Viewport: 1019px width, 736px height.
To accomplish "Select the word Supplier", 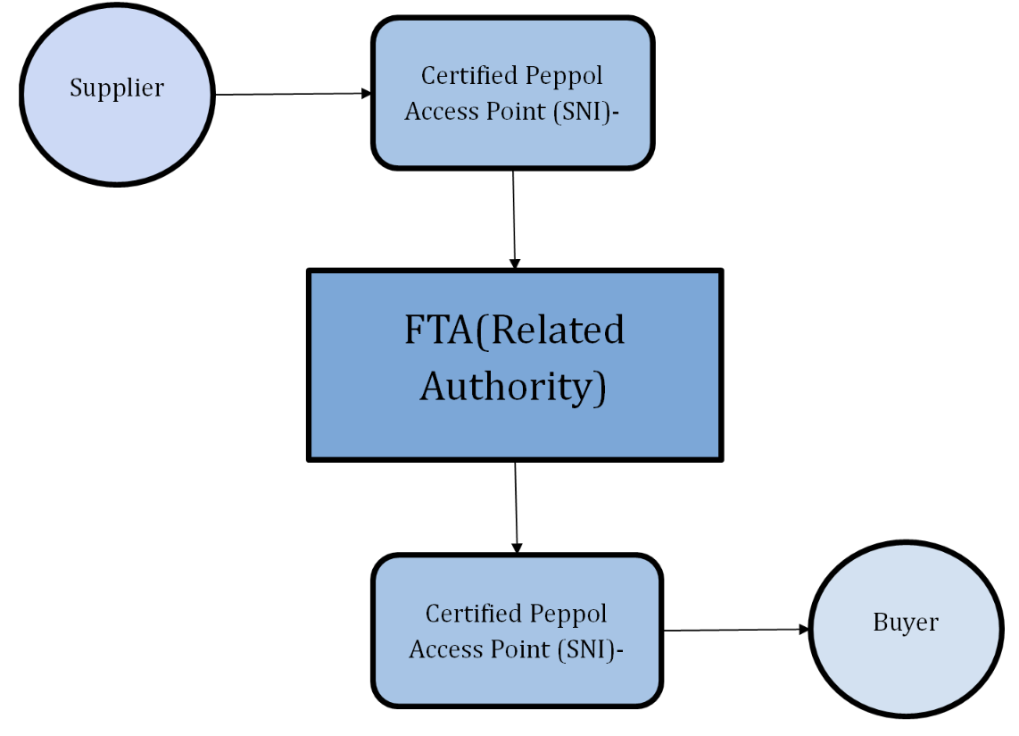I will click(x=116, y=88).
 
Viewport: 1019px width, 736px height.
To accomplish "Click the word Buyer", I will click(x=905, y=622).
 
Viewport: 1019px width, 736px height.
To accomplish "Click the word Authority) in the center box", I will click(x=513, y=387).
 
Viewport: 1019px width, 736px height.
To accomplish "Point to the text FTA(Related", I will click(x=514, y=330).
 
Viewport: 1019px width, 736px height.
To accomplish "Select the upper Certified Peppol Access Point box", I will click(x=512, y=143).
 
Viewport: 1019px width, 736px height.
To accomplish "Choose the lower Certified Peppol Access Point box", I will click(x=516, y=679).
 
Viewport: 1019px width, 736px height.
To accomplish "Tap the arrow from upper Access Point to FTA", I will click(x=514, y=219).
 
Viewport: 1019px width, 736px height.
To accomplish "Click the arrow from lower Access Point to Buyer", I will click(x=736, y=630).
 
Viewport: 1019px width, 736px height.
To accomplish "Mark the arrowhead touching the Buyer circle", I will click(x=804, y=629).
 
